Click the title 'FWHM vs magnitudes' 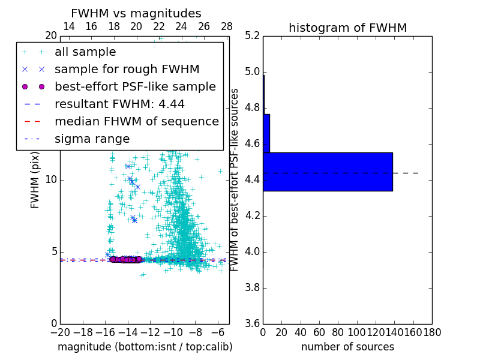(136, 13)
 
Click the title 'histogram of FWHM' (347, 28)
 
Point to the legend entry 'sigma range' (92, 139)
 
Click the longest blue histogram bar (328, 172)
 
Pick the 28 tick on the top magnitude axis (227, 26)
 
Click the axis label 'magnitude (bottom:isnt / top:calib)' (145, 347)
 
